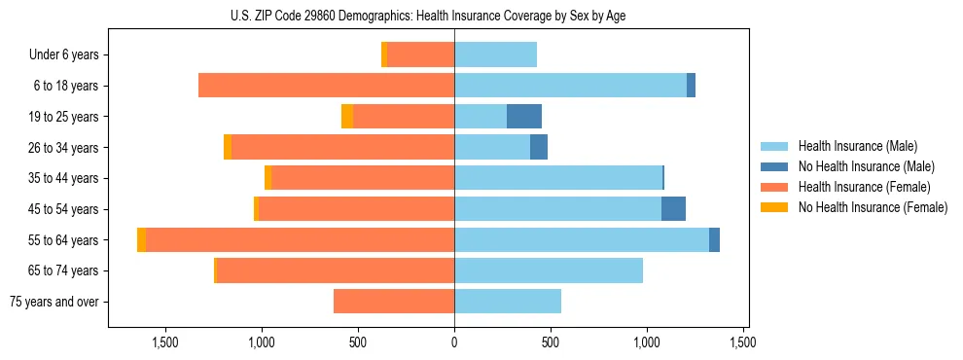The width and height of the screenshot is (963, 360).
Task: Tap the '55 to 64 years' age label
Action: pos(62,240)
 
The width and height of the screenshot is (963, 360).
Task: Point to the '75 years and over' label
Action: pos(54,302)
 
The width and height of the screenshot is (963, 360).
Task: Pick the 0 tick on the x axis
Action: pos(454,342)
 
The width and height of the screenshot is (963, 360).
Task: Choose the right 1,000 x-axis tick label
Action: pos(647,342)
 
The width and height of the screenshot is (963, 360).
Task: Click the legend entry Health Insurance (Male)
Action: pos(857,146)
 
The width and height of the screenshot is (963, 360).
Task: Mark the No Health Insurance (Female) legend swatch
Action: pos(774,207)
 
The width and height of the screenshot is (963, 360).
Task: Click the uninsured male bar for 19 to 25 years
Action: pos(524,117)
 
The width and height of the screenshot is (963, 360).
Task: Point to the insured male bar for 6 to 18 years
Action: pos(570,86)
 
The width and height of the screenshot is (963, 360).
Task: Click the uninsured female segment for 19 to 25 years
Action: pos(347,117)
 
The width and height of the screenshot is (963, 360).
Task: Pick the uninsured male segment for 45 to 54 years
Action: pos(673,209)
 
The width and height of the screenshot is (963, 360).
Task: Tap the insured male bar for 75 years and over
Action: pos(508,302)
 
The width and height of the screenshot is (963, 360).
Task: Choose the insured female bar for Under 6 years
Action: pos(420,54)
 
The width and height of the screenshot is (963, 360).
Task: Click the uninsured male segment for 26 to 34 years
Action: pos(539,148)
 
